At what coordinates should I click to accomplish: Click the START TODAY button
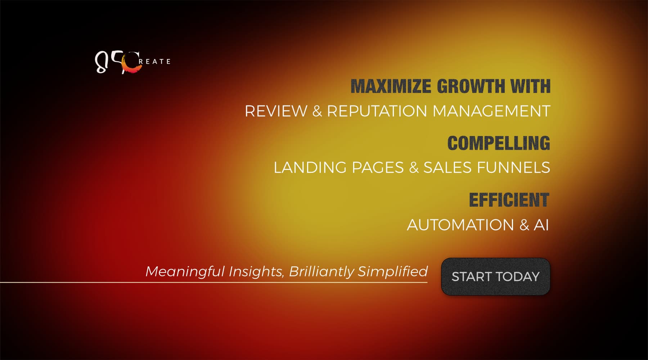click(x=496, y=276)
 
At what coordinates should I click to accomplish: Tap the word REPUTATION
click(x=377, y=111)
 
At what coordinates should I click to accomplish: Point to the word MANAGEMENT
click(x=491, y=111)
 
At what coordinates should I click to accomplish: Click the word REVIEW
click(x=276, y=111)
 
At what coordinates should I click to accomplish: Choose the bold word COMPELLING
click(x=499, y=143)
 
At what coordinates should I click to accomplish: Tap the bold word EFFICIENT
click(x=509, y=200)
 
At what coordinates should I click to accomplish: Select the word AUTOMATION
click(x=460, y=225)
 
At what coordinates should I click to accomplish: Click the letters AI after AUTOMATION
click(x=541, y=225)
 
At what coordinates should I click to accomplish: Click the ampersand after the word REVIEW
click(x=317, y=111)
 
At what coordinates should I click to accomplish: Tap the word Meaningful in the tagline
click(x=185, y=271)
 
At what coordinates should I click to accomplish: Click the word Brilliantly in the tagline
click(x=322, y=271)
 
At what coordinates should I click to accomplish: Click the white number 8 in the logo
click(x=101, y=63)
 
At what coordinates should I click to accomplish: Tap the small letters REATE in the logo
click(x=155, y=62)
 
